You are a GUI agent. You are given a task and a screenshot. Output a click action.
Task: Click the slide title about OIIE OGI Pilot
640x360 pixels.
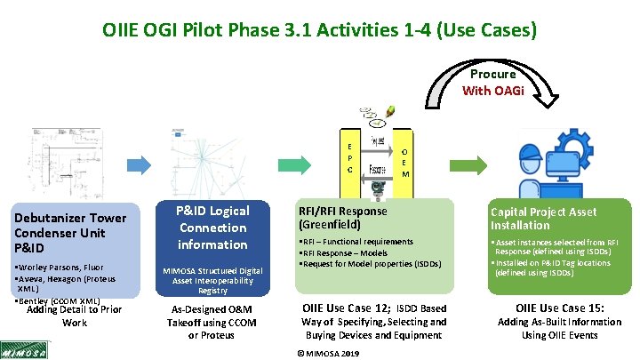coord(319,31)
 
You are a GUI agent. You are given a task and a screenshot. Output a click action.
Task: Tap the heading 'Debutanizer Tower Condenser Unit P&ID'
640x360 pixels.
coord(71,232)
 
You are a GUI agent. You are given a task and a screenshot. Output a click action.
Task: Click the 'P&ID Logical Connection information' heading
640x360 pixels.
coord(212,228)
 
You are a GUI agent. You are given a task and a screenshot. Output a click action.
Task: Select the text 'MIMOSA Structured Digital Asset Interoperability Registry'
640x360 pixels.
coord(212,280)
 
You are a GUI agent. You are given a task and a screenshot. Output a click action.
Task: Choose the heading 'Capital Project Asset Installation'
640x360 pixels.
coord(545,219)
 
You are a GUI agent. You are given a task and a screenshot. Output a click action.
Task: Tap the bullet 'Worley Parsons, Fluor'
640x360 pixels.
coord(61,267)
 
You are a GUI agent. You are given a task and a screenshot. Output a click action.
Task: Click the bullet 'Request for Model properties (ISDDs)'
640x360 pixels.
coord(371,264)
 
